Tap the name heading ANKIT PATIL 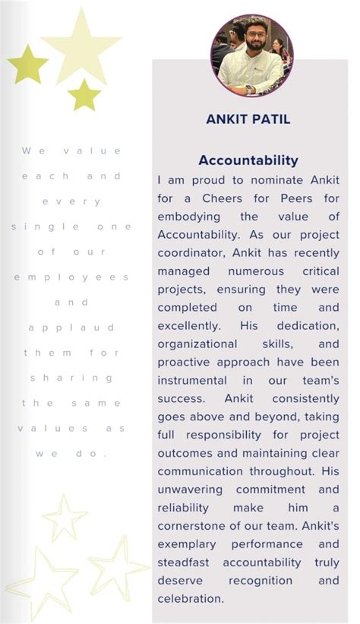click(248, 119)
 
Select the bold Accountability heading click(248, 160)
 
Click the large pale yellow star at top click(81, 46)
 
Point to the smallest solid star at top click(84, 95)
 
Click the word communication click(201, 471)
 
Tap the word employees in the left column click(71, 277)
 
